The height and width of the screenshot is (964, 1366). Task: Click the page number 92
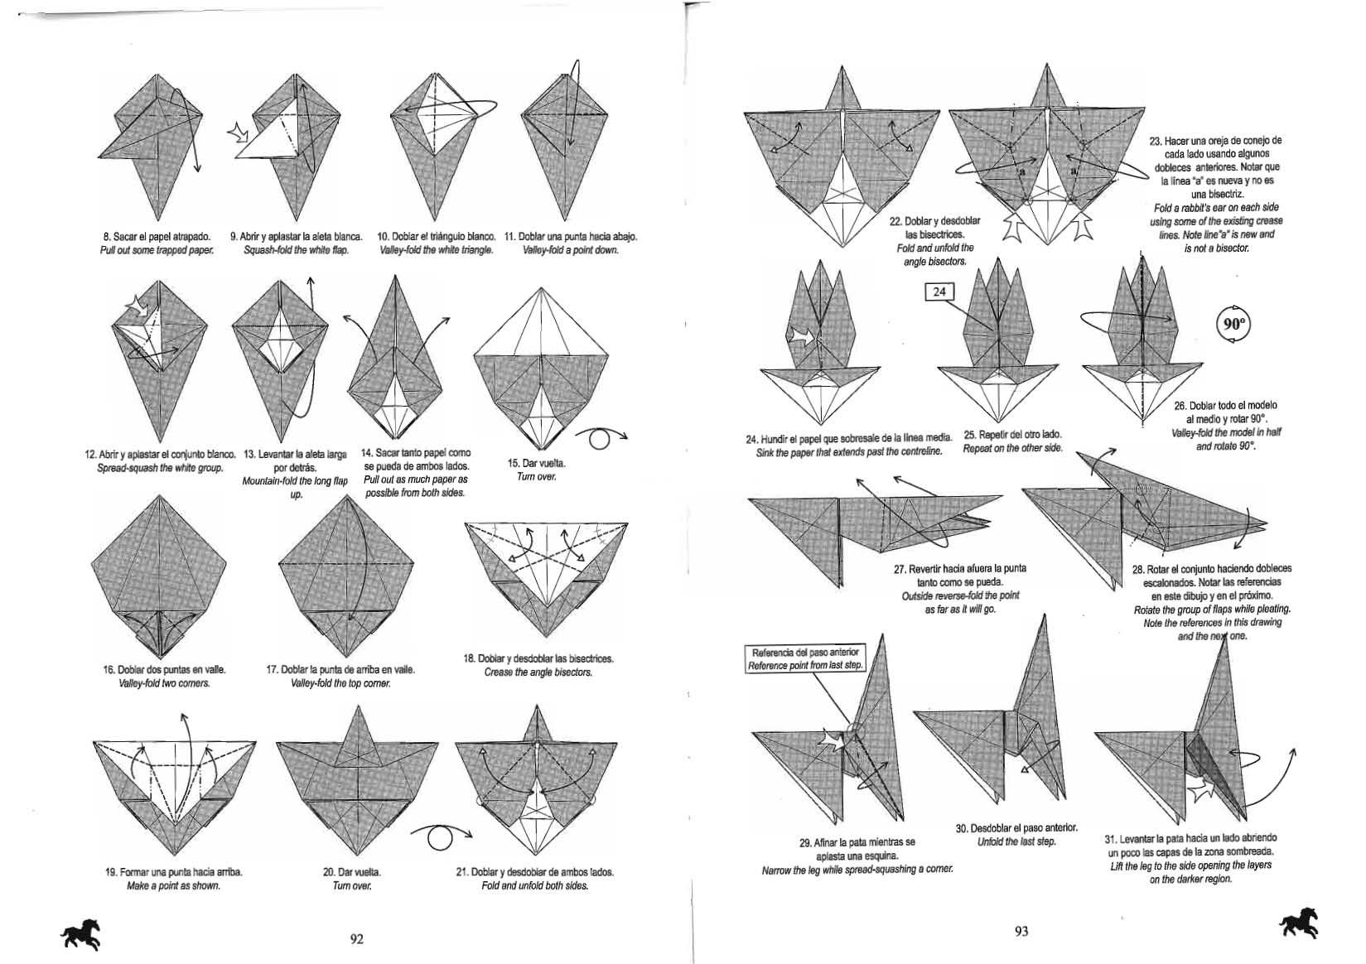(357, 938)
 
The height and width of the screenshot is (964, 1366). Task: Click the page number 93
(1021, 931)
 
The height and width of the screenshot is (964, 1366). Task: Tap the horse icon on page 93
(1299, 923)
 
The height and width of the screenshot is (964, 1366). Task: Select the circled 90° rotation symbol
(1233, 324)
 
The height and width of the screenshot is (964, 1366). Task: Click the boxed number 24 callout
(939, 292)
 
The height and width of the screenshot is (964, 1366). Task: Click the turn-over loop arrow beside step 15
(601, 438)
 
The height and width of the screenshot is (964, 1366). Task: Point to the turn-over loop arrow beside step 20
(441, 838)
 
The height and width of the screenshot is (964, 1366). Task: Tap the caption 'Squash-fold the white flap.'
(297, 251)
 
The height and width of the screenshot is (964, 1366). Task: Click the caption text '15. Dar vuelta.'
(537, 463)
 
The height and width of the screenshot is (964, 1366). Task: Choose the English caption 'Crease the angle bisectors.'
(538, 672)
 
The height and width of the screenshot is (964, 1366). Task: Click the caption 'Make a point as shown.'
(174, 886)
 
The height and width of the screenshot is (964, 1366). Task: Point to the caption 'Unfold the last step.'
(1016, 841)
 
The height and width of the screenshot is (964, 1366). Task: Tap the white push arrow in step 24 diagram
(801, 336)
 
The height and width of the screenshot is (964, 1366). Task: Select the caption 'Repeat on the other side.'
(1013, 448)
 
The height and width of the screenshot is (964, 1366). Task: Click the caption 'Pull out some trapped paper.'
(157, 251)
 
